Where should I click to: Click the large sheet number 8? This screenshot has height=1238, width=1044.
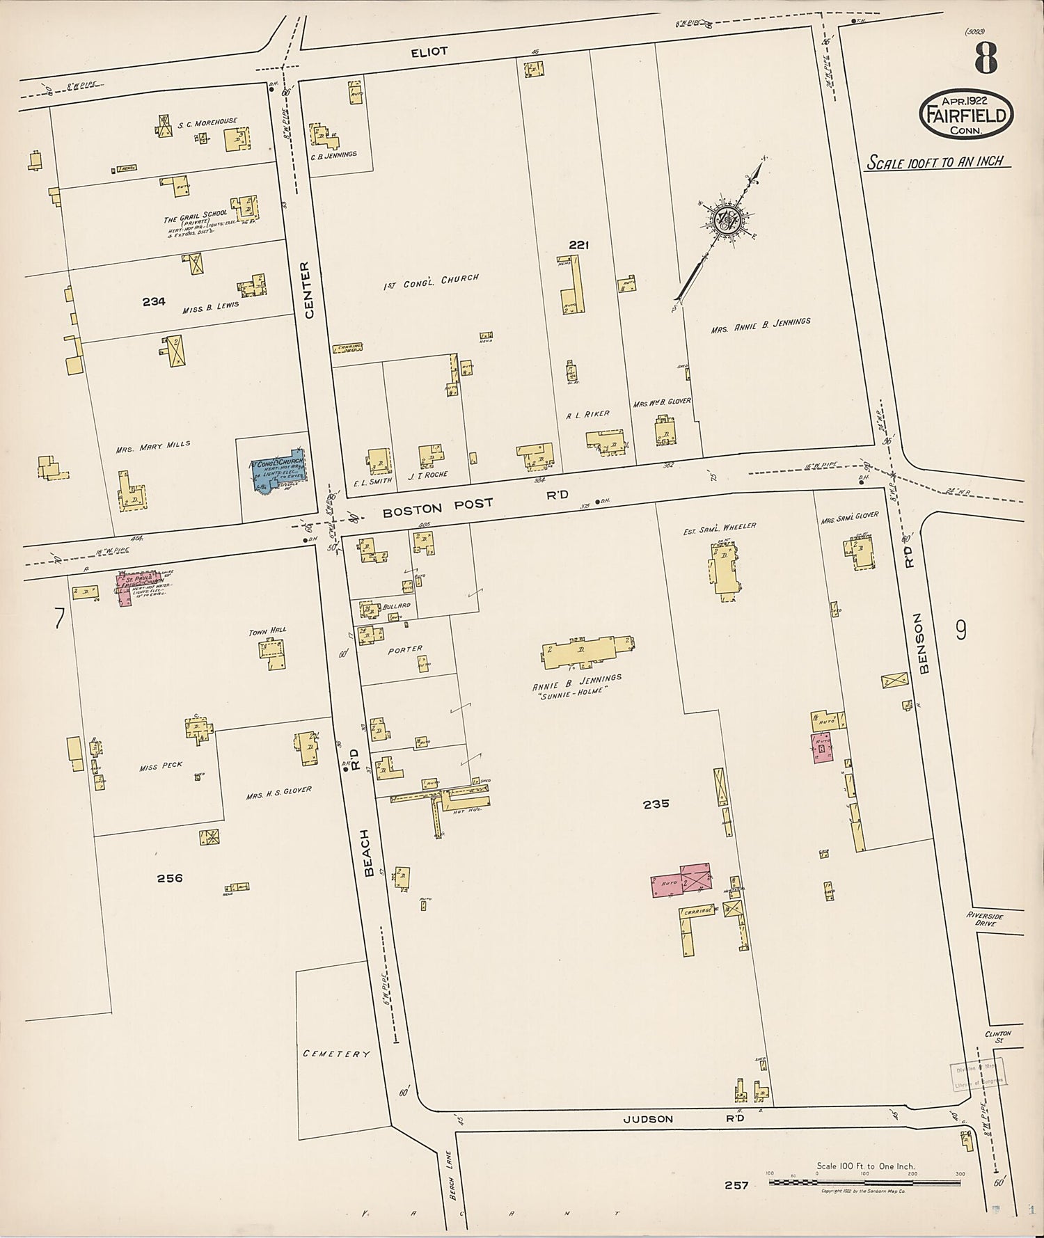[x=986, y=58]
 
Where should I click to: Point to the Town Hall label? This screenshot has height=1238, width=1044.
[x=268, y=630]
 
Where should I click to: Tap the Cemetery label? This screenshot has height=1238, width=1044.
[x=336, y=1054]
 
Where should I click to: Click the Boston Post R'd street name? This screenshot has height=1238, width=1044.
[x=475, y=505]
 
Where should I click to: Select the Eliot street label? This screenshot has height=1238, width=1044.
[x=429, y=51]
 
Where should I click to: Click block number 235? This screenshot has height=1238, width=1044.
[x=656, y=804]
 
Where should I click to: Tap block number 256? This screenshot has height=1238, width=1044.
[x=169, y=878]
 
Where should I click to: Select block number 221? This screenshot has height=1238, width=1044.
[x=578, y=245]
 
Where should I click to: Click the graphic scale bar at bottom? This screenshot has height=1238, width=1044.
[x=865, y=1181]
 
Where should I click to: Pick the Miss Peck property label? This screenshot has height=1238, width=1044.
[x=161, y=765]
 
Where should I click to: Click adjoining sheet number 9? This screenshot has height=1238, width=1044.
[x=960, y=630]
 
